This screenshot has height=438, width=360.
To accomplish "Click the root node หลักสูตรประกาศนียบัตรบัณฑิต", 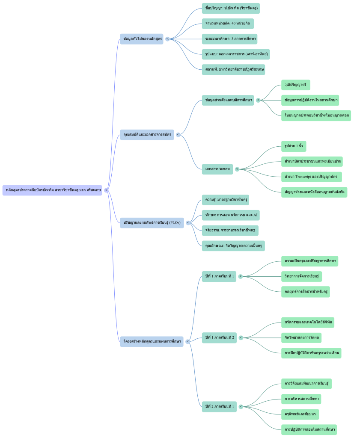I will point(52,190).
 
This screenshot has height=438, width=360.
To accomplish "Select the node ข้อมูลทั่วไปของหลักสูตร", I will point(143,39).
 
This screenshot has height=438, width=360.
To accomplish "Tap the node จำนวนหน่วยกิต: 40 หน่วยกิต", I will point(228,24).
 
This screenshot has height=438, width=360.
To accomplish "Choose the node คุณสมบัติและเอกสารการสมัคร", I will point(147,135).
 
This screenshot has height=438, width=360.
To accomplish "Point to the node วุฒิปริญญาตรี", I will point(295,85).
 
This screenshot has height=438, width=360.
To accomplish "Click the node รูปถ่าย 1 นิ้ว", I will point(294,146).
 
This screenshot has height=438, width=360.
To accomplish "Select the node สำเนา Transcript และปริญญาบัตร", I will point(311,177).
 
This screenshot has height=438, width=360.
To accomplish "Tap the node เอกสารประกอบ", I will point(217,169).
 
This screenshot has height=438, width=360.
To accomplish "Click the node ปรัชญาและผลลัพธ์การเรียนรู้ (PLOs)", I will point(152,222).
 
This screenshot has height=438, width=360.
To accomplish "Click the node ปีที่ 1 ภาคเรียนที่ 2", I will point(219,337).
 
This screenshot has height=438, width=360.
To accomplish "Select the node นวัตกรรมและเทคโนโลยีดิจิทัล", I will point(308,323).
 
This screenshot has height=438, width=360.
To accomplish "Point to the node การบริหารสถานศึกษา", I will point(301,399).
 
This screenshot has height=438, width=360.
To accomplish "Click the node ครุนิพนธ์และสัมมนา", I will point(300,414).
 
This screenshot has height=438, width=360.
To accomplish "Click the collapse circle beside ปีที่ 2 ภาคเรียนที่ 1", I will point(241,406).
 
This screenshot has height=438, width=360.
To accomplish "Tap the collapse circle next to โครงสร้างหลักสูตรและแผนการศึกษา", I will point(187,341).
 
